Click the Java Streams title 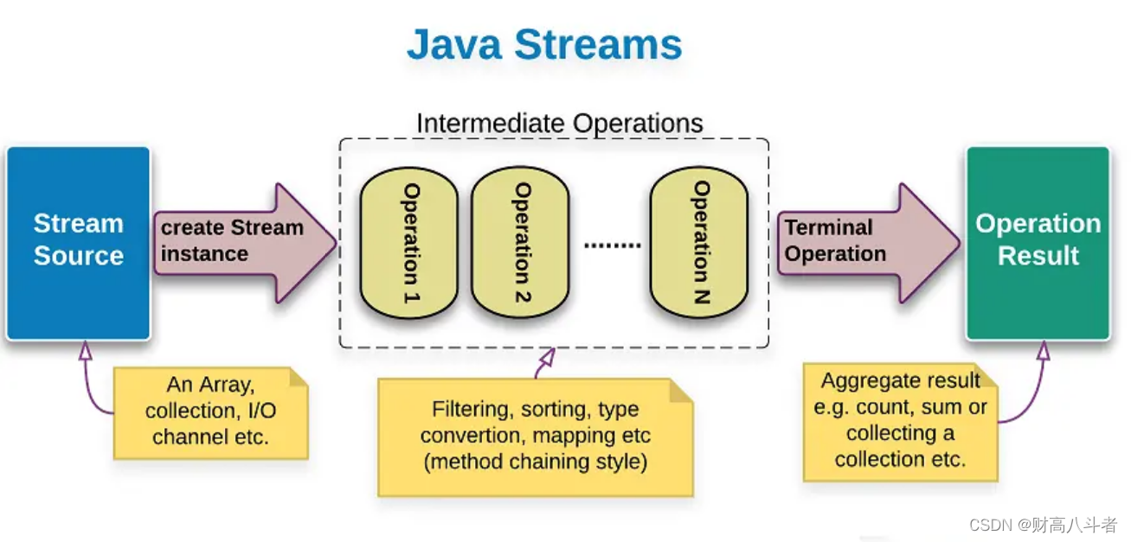pos(543,45)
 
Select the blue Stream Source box pos(79,242)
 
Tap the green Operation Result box pos(1038,242)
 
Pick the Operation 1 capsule pos(408,243)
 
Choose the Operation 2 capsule pos(519,243)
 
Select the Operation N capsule pos(698,243)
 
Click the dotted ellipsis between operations pos(612,245)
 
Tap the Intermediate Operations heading pos(559,123)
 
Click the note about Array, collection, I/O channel pos(211,411)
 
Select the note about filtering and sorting pos(535,436)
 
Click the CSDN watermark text pos(1043,525)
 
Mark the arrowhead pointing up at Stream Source pos(85,350)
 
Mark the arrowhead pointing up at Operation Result pos(1043,350)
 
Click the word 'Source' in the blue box pos(79,256)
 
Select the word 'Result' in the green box pos(1038,256)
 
